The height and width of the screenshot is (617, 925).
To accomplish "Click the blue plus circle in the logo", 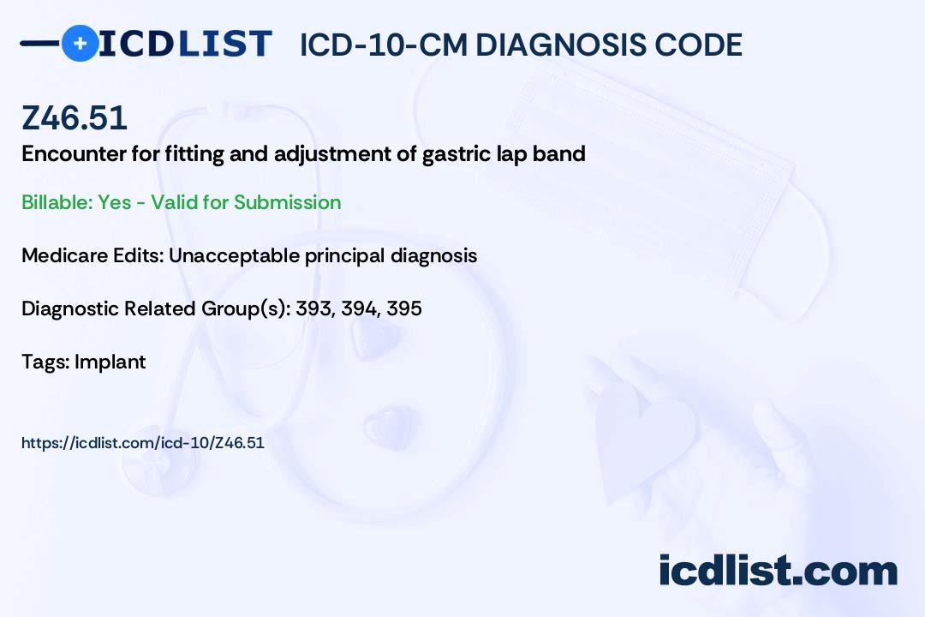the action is tap(81, 43).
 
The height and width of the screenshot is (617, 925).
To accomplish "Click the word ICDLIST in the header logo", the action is tap(185, 44).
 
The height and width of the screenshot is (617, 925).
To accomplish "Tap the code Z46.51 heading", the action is tap(75, 117).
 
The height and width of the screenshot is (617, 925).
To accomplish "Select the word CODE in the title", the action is tap(690, 45).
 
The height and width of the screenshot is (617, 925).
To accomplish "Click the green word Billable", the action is tap(57, 202).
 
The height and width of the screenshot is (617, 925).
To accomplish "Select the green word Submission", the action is tap(287, 202).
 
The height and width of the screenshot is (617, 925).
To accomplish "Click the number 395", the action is tap(404, 308).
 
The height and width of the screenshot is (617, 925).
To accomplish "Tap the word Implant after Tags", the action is tap(110, 362).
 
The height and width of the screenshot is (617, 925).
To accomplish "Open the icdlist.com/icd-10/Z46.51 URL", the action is tap(143, 443).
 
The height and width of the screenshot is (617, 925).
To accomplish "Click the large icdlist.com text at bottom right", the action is tap(778, 571).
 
